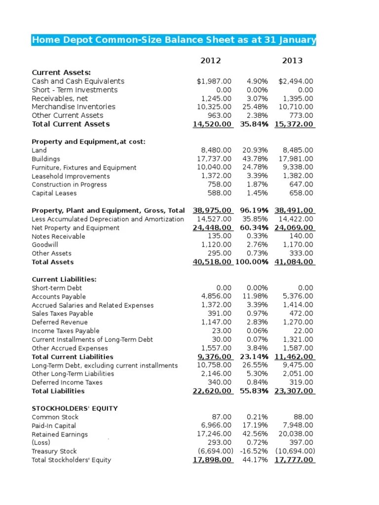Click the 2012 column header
pyautogui.click(x=211, y=61)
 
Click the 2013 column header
pyautogui.click(x=292, y=61)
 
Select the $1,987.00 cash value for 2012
pyautogui.click(x=214, y=81)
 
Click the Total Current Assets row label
pyautogui.click(x=71, y=124)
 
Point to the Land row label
pyautogui.click(x=39, y=150)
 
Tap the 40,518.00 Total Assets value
pyautogui.click(x=212, y=262)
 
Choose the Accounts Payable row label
pyautogui.click(x=59, y=297)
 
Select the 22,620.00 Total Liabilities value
pyautogui.click(x=212, y=391)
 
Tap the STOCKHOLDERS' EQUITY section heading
pyautogui.click(x=75, y=408)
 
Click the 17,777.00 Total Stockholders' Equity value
pyautogui.click(x=294, y=460)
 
